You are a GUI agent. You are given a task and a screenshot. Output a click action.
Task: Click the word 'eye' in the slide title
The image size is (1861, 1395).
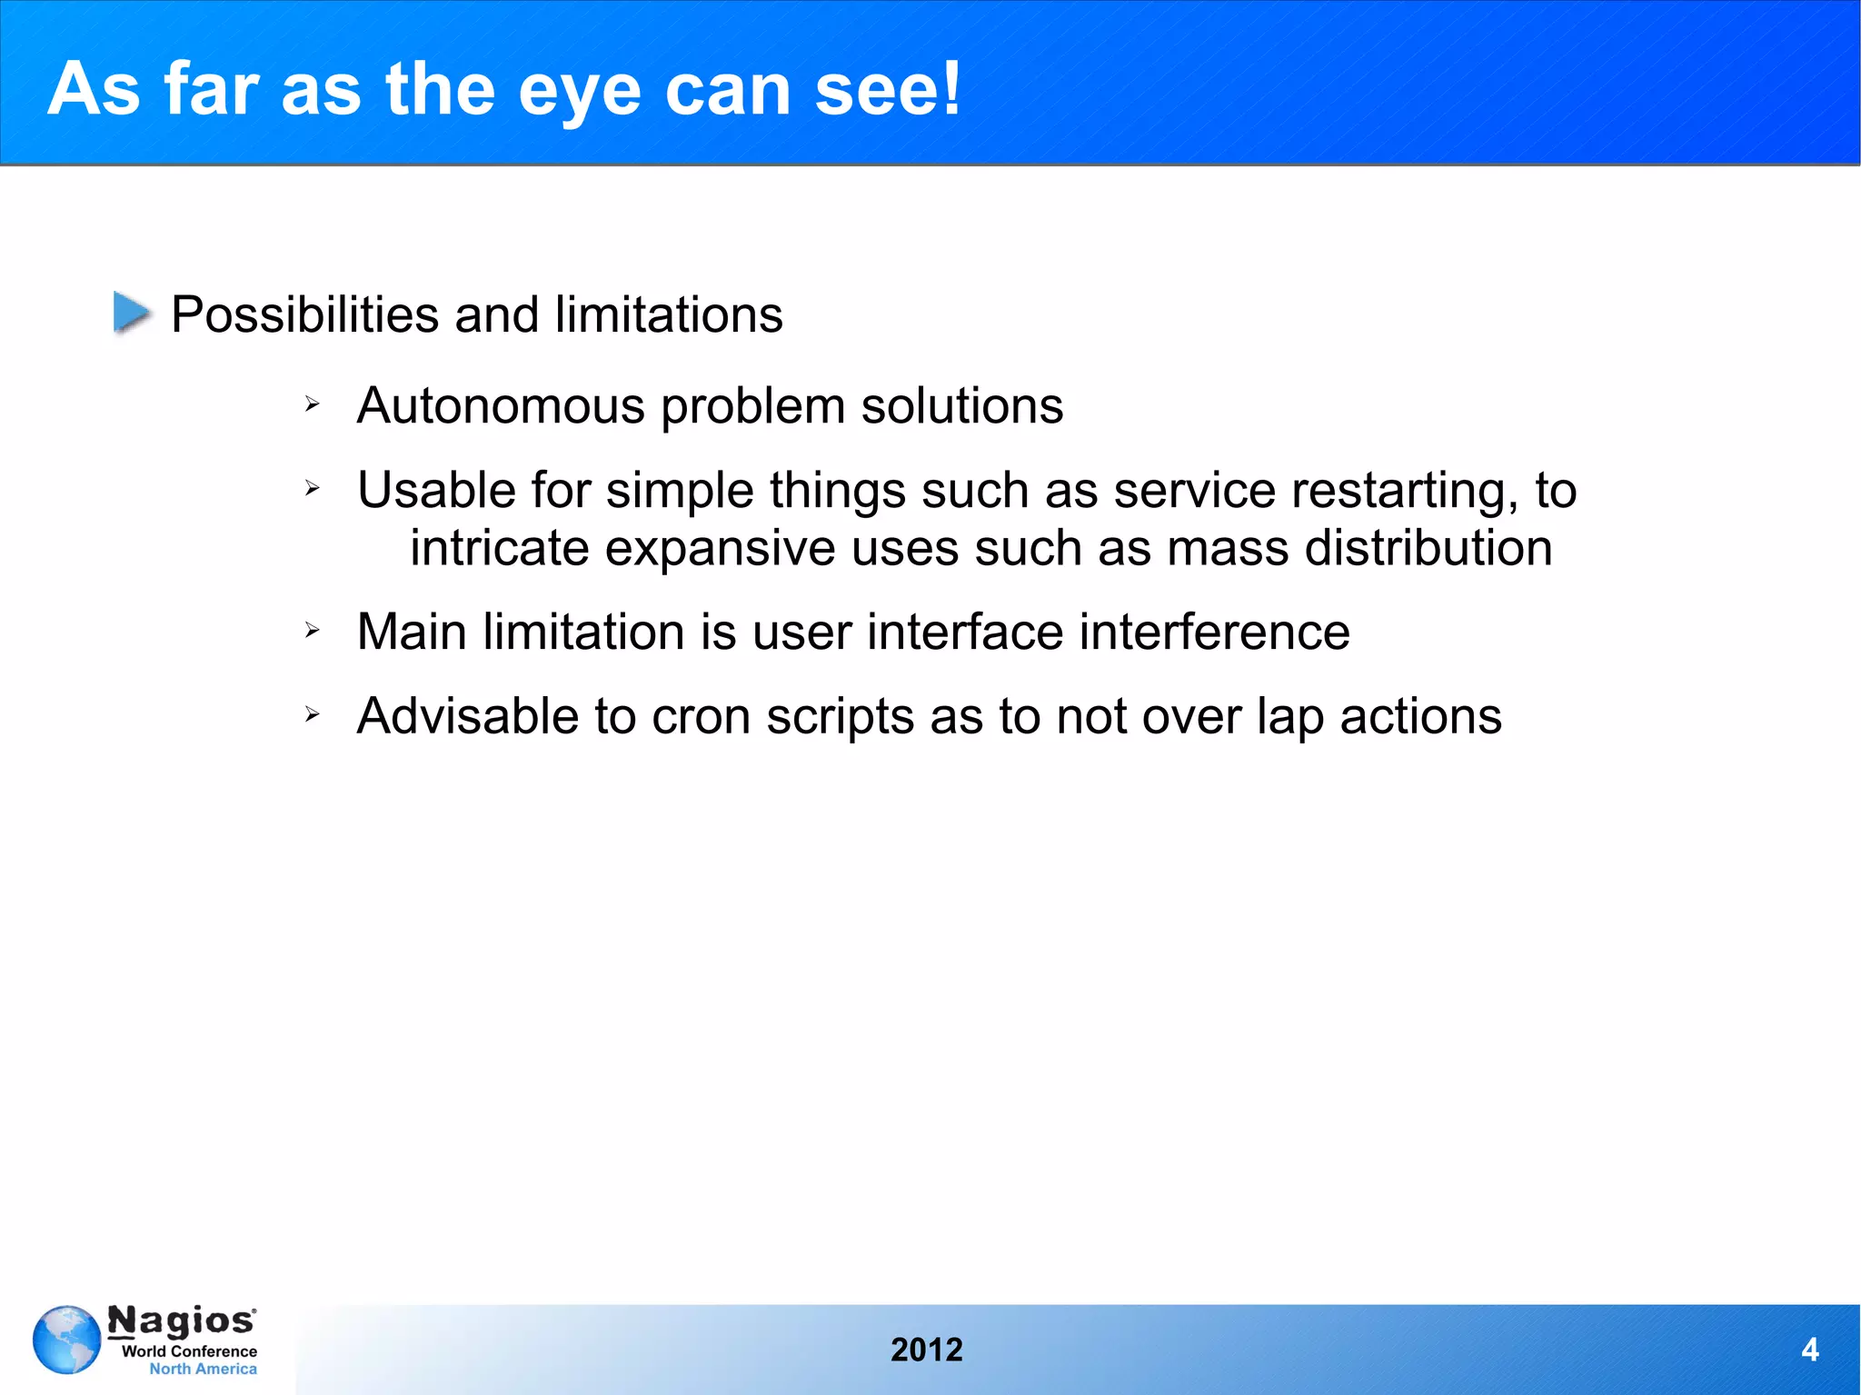coord(580,91)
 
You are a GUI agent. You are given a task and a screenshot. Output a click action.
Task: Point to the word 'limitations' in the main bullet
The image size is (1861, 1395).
coord(668,314)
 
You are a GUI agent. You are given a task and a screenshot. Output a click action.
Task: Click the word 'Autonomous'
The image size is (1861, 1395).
coord(501,405)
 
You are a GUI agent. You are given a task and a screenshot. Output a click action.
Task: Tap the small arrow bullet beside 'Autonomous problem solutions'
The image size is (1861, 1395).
coord(313,404)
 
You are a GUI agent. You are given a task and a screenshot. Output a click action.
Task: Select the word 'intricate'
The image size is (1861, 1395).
coord(499,548)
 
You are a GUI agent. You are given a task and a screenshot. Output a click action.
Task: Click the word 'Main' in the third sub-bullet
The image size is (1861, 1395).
coord(412,632)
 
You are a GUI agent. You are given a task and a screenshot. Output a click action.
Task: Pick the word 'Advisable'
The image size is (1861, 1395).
coord(467,716)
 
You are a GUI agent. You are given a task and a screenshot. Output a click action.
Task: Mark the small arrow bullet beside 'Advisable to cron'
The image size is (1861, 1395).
coord(313,714)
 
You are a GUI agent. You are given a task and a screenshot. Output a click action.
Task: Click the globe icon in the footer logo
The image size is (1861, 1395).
coord(66,1340)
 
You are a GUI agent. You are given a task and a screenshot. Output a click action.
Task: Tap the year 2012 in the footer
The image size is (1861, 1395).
coord(926,1350)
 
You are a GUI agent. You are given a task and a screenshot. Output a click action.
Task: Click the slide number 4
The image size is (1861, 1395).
coord(1809,1350)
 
